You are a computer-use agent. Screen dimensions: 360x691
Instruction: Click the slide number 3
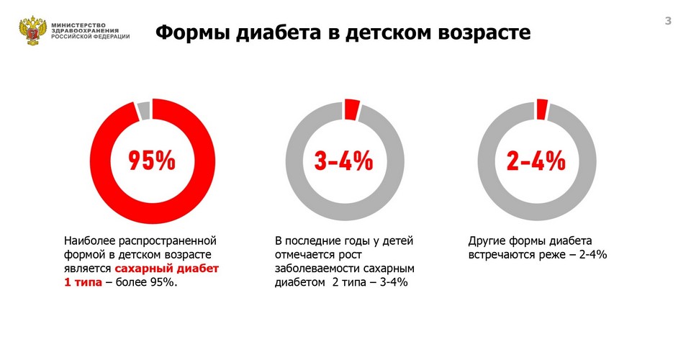click(x=667, y=22)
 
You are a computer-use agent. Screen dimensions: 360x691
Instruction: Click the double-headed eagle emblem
click(x=32, y=31)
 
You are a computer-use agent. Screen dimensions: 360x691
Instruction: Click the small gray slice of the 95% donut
click(x=143, y=109)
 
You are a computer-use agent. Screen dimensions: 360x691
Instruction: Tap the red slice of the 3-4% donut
click(x=351, y=109)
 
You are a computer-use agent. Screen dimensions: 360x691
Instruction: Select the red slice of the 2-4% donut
click(x=543, y=109)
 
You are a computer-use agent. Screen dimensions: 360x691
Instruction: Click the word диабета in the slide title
click(x=292, y=32)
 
